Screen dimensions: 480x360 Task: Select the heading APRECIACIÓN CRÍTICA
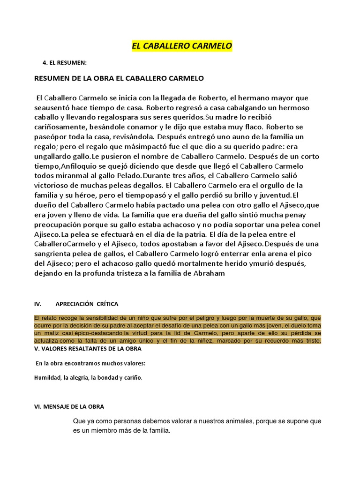click(87, 304)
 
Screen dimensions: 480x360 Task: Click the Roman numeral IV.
click(38, 304)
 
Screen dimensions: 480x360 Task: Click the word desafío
click(185, 325)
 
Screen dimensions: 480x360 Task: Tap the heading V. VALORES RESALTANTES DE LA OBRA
click(87, 349)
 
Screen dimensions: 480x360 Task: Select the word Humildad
click(47, 377)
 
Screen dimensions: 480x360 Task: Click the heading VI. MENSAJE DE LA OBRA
click(69, 406)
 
